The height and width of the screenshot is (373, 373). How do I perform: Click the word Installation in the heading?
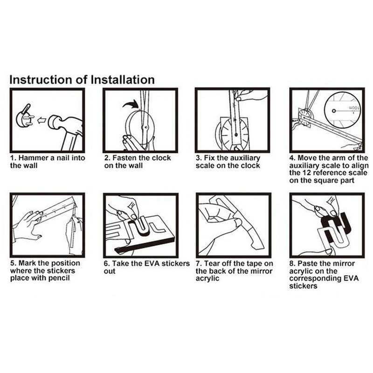tap(123, 80)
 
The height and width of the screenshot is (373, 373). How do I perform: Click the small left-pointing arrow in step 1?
tap(41, 121)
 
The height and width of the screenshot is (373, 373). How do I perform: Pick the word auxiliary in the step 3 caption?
tap(244, 158)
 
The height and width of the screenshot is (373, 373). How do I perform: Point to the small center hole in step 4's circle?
tap(334, 111)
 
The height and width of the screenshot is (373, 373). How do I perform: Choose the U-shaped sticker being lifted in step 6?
tap(143, 225)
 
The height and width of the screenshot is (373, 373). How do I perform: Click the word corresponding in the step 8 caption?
tap(316, 278)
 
